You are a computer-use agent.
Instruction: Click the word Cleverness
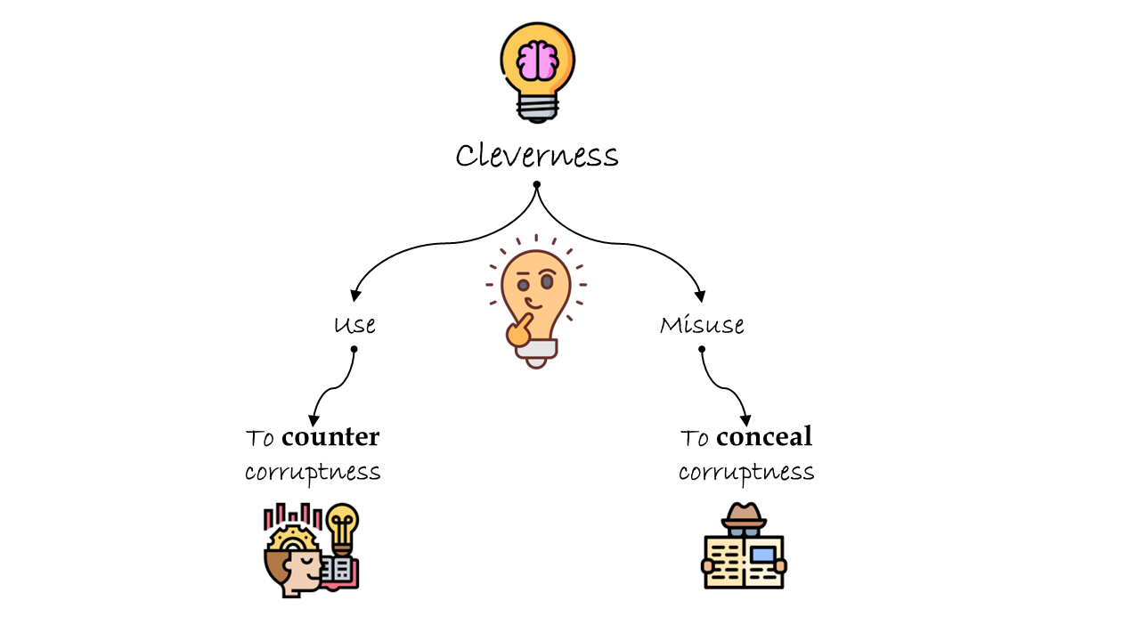(536, 156)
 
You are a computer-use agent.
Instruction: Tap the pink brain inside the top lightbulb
(538, 61)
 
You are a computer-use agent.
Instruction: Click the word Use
(354, 325)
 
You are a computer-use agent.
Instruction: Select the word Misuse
(702, 325)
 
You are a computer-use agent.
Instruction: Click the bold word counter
(330, 437)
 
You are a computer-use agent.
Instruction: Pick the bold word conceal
(764, 437)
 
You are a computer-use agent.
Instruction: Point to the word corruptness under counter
(313, 472)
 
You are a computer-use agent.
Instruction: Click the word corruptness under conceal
(746, 472)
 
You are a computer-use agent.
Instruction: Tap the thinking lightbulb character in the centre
(535, 298)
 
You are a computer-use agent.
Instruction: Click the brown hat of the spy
(743, 515)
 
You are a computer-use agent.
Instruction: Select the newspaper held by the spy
(744, 562)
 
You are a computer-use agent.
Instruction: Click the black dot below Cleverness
(537, 185)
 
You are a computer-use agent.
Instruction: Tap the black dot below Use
(354, 349)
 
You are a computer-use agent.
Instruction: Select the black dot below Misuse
(702, 349)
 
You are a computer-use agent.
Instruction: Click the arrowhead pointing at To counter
(313, 420)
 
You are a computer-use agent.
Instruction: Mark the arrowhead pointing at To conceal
(746, 420)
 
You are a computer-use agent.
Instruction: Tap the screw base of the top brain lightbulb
(538, 108)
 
